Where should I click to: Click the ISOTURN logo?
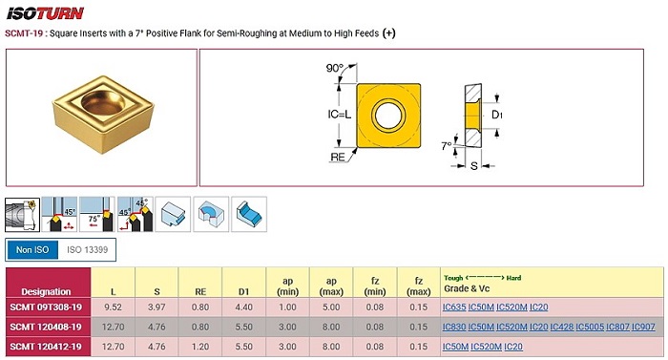coord(45,13)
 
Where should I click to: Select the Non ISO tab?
coord(32,250)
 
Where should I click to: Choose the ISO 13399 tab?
coord(88,250)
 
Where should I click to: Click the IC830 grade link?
coord(454,327)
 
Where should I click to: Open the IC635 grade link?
coord(454,307)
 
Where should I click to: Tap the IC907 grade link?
coord(643,327)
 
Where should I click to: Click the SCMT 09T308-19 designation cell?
coord(46,307)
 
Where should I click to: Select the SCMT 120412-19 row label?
coord(46,347)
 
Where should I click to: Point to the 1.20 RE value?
coord(200,347)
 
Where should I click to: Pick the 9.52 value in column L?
coord(113,307)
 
